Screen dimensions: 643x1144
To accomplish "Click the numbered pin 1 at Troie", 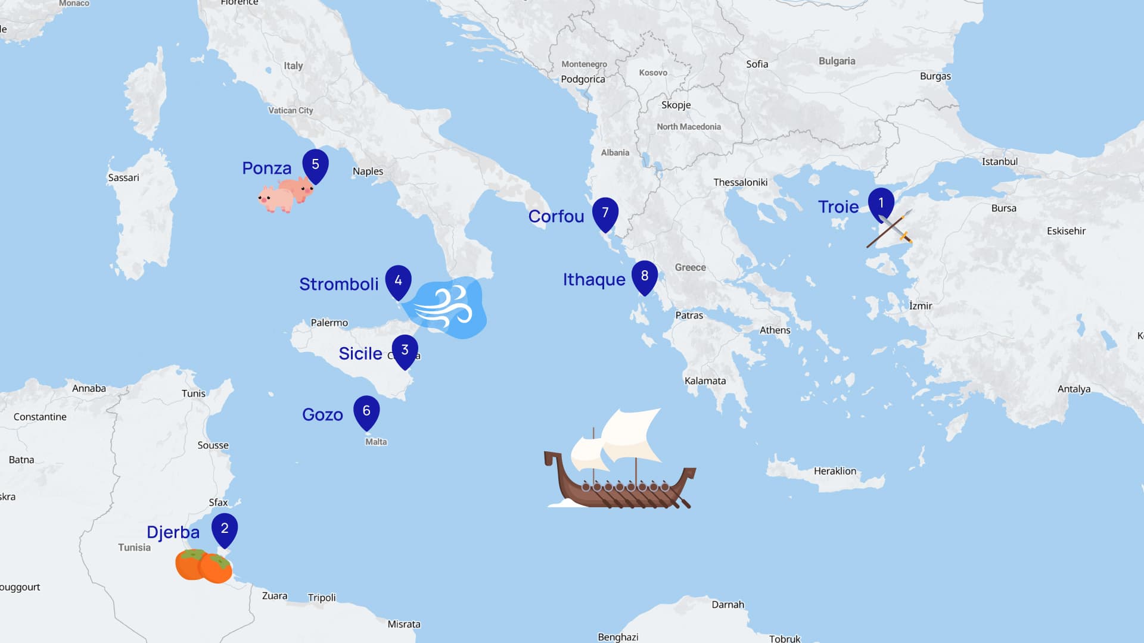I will click(x=881, y=204).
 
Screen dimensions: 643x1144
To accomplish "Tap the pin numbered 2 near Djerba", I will click(x=225, y=529).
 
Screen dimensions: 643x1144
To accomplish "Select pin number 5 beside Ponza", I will click(x=315, y=165).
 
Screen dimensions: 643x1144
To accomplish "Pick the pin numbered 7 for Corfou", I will click(x=605, y=213).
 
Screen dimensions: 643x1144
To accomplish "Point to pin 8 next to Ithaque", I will click(x=644, y=276).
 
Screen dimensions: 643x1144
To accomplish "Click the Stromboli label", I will click(x=338, y=285).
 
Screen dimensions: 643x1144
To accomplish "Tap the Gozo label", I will click(x=322, y=415).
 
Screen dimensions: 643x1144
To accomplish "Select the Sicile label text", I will click(x=360, y=354).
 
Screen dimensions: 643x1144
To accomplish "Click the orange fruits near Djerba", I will click(x=203, y=566).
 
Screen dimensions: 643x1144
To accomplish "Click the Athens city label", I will click(x=775, y=330).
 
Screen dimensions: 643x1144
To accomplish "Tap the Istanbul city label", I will click(x=999, y=162).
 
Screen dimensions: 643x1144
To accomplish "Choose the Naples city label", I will click(x=368, y=171).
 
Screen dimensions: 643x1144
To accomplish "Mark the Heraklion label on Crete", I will click(x=835, y=472).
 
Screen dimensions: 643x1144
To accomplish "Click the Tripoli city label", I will click(x=322, y=598).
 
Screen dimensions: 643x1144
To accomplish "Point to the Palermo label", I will click(x=329, y=323).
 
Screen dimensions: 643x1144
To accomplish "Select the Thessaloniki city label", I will click(x=740, y=183).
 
